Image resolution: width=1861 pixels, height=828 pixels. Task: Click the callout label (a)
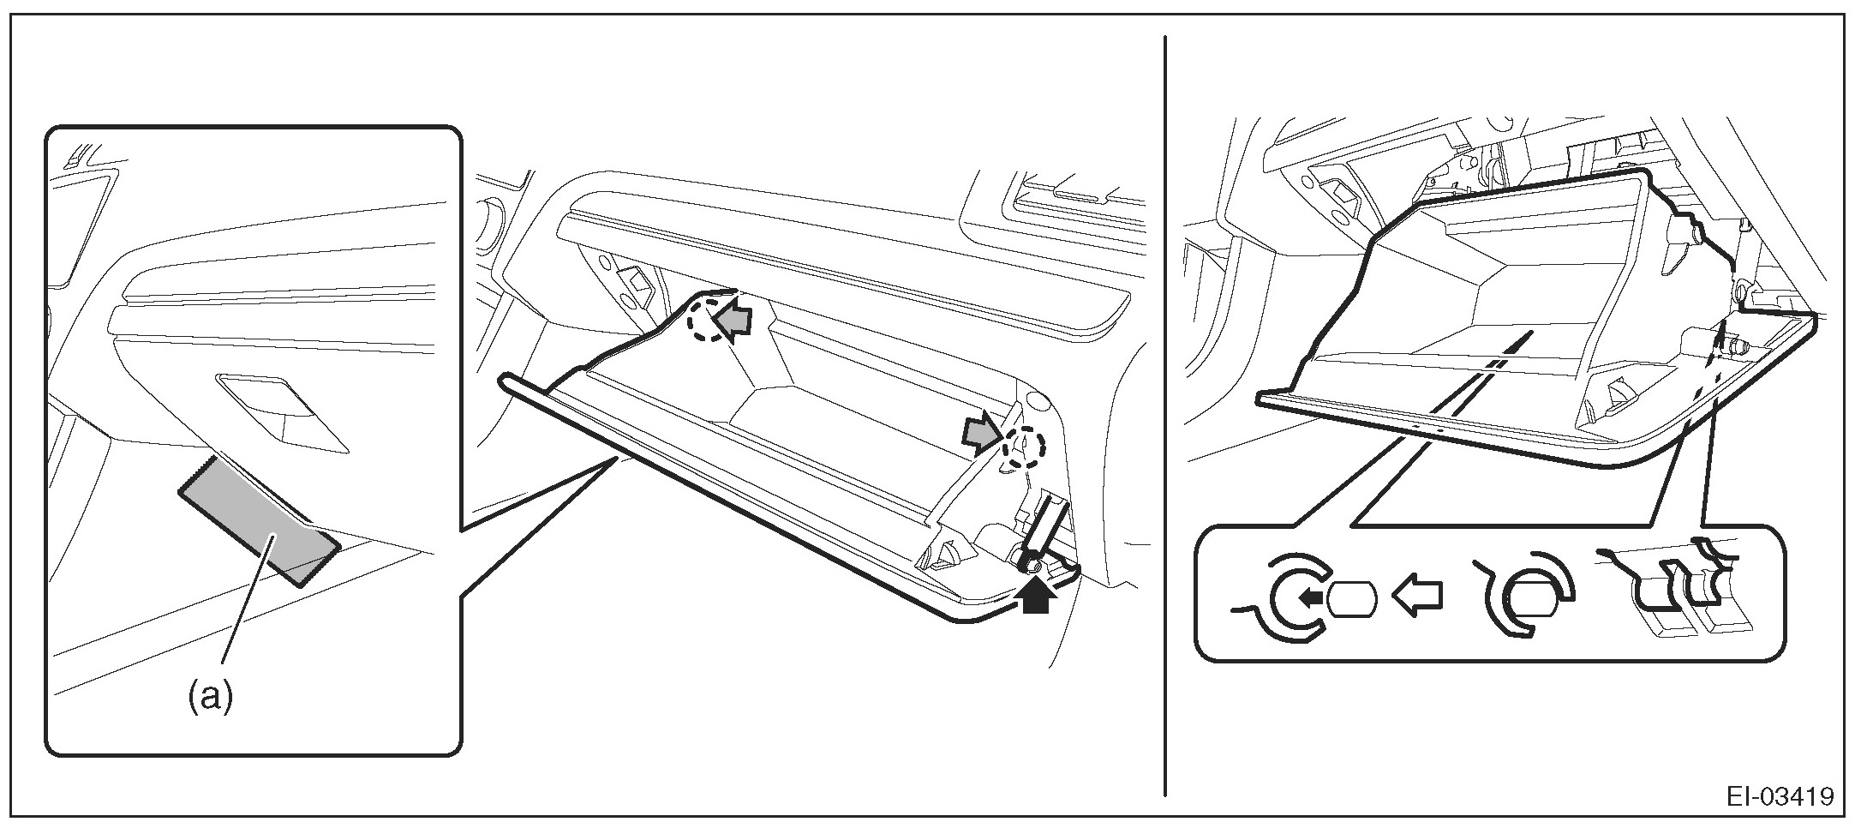[210, 698]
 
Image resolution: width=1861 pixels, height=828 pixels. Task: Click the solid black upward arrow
[1036, 595]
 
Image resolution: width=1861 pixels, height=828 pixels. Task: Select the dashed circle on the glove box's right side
[1024, 447]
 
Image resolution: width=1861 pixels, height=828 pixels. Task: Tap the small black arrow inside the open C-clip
[1307, 597]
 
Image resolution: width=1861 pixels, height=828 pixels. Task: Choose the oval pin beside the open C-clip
[1351, 598]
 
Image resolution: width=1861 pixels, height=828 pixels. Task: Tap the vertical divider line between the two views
[1165, 411]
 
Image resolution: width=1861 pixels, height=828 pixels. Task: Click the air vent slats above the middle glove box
[1062, 196]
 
